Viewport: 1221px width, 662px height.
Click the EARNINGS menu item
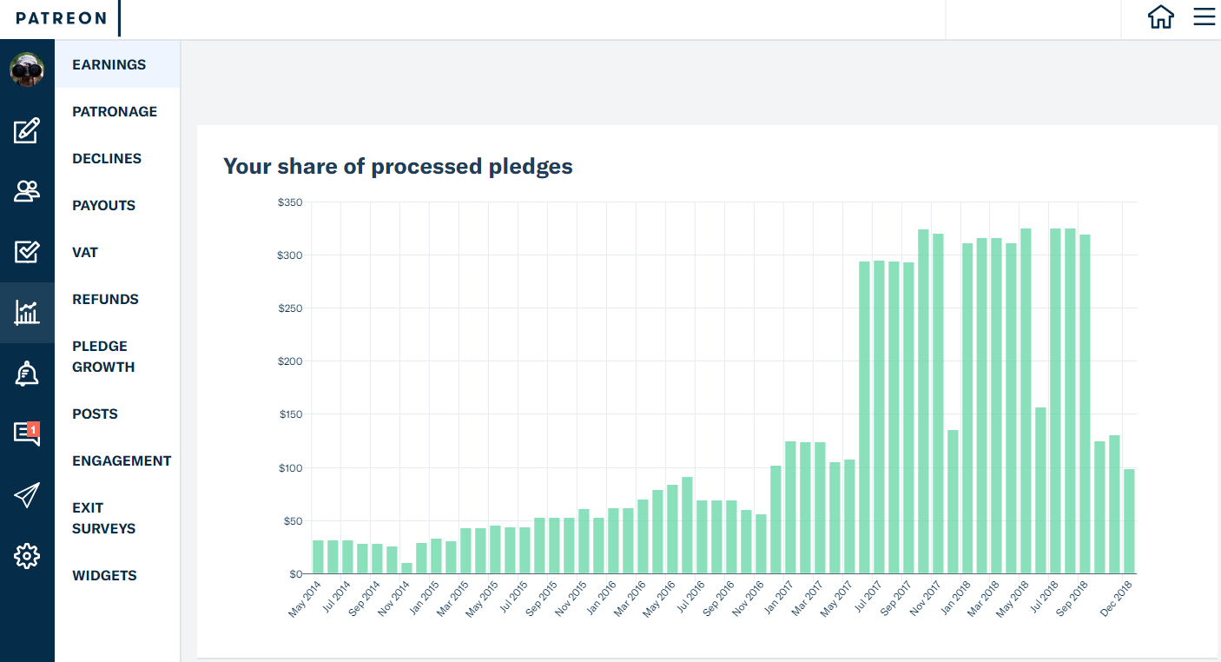(x=109, y=64)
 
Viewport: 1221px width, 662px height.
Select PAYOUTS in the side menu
(x=103, y=205)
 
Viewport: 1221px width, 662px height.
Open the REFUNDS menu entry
(x=105, y=299)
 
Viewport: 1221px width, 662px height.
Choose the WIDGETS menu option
(x=104, y=575)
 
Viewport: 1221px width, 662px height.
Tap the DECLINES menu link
(x=107, y=158)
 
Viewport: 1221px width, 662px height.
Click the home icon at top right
(x=1160, y=17)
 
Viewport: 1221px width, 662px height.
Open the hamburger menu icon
(x=1204, y=17)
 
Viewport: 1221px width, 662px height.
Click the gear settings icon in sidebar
(x=27, y=556)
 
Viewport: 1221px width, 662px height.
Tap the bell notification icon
(x=27, y=374)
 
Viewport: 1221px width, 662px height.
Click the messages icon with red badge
(x=27, y=434)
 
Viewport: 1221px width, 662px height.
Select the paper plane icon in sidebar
(x=27, y=494)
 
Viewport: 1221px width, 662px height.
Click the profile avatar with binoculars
(x=27, y=70)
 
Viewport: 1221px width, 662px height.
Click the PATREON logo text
(x=61, y=18)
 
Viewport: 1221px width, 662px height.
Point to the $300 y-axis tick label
(x=289, y=255)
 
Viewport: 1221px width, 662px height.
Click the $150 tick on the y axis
(x=291, y=414)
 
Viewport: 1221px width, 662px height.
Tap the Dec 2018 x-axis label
(x=1116, y=599)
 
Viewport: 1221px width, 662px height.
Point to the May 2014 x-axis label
(x=305, y=599)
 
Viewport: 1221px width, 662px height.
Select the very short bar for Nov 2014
(x=406, y=568)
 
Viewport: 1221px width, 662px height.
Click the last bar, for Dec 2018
(x=1129, y=521)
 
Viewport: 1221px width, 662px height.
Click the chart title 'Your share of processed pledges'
(x=398, y=166)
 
